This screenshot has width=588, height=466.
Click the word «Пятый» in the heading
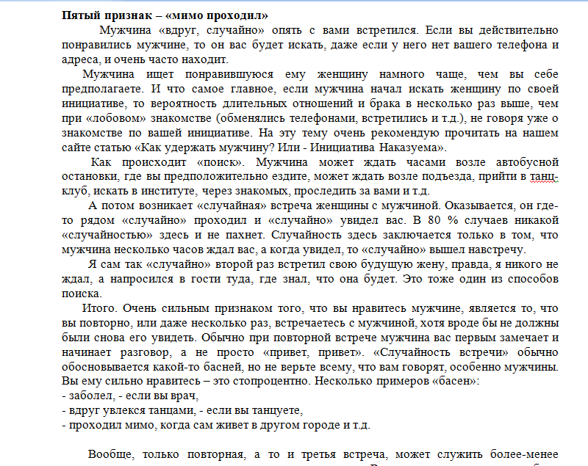tap(82, 15)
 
